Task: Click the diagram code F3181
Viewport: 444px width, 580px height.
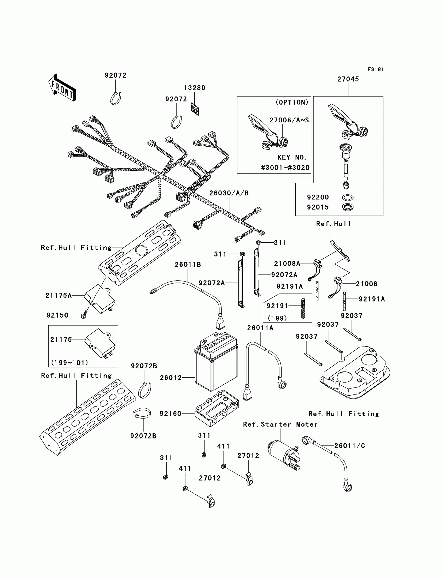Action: [376, 69]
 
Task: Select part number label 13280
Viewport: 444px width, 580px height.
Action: [195, 88]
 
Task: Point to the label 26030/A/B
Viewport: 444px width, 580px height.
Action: [229, 193]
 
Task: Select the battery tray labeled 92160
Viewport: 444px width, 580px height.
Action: [217, 408]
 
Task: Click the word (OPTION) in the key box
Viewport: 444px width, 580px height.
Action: [292, 102]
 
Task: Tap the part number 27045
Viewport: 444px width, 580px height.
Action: [348, 79]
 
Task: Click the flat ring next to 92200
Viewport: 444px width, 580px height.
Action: [348, 197]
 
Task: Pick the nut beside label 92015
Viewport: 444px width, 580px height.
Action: [348, 207]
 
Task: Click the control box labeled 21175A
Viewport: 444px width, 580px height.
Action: [100, 299]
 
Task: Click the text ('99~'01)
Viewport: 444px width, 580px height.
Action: [69, 362]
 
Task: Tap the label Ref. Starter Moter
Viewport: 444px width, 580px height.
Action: [280, 424]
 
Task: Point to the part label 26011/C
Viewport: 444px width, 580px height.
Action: [350, 446]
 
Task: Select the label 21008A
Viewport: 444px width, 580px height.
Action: [287, 263]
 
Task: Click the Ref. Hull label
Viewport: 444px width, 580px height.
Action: [333, 224]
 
